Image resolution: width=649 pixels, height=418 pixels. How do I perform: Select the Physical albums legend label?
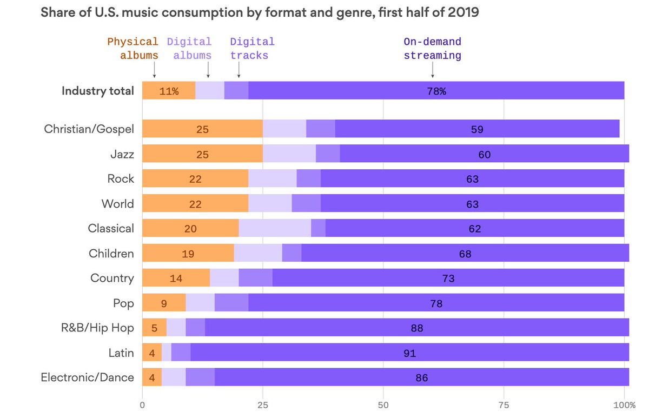pos(133,49)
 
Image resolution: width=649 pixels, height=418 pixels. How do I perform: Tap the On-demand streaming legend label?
pos(432,49)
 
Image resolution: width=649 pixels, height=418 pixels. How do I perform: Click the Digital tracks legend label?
pos(251,49)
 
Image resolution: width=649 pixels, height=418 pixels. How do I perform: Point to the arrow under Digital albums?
pos(208,71)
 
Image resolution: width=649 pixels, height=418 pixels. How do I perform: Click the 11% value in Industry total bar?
pos(169,91)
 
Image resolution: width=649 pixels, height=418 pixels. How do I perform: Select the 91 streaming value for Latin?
pos(409,353)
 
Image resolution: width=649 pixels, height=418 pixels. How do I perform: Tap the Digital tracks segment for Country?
pos(255,278)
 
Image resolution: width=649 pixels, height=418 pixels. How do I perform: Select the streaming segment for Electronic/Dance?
pos(421,377)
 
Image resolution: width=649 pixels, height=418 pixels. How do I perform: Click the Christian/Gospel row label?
pos(89,129)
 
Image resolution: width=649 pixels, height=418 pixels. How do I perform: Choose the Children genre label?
pos(111,253)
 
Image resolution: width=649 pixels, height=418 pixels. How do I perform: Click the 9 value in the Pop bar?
pos(164,303)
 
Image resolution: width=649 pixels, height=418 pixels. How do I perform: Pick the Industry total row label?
pos(97,91)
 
